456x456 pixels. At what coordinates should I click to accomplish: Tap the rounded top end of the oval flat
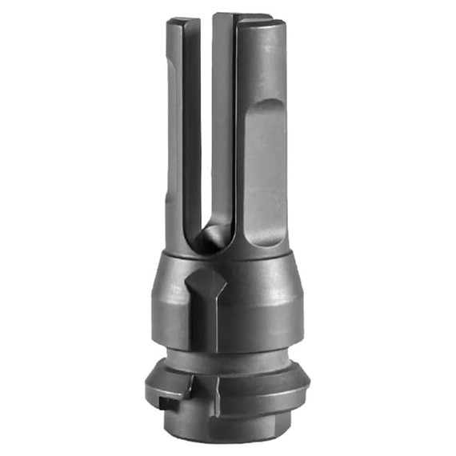[261, 108]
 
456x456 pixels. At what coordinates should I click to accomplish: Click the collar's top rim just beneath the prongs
[232, 258]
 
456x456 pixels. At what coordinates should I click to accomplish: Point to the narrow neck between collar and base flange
[232, 356]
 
